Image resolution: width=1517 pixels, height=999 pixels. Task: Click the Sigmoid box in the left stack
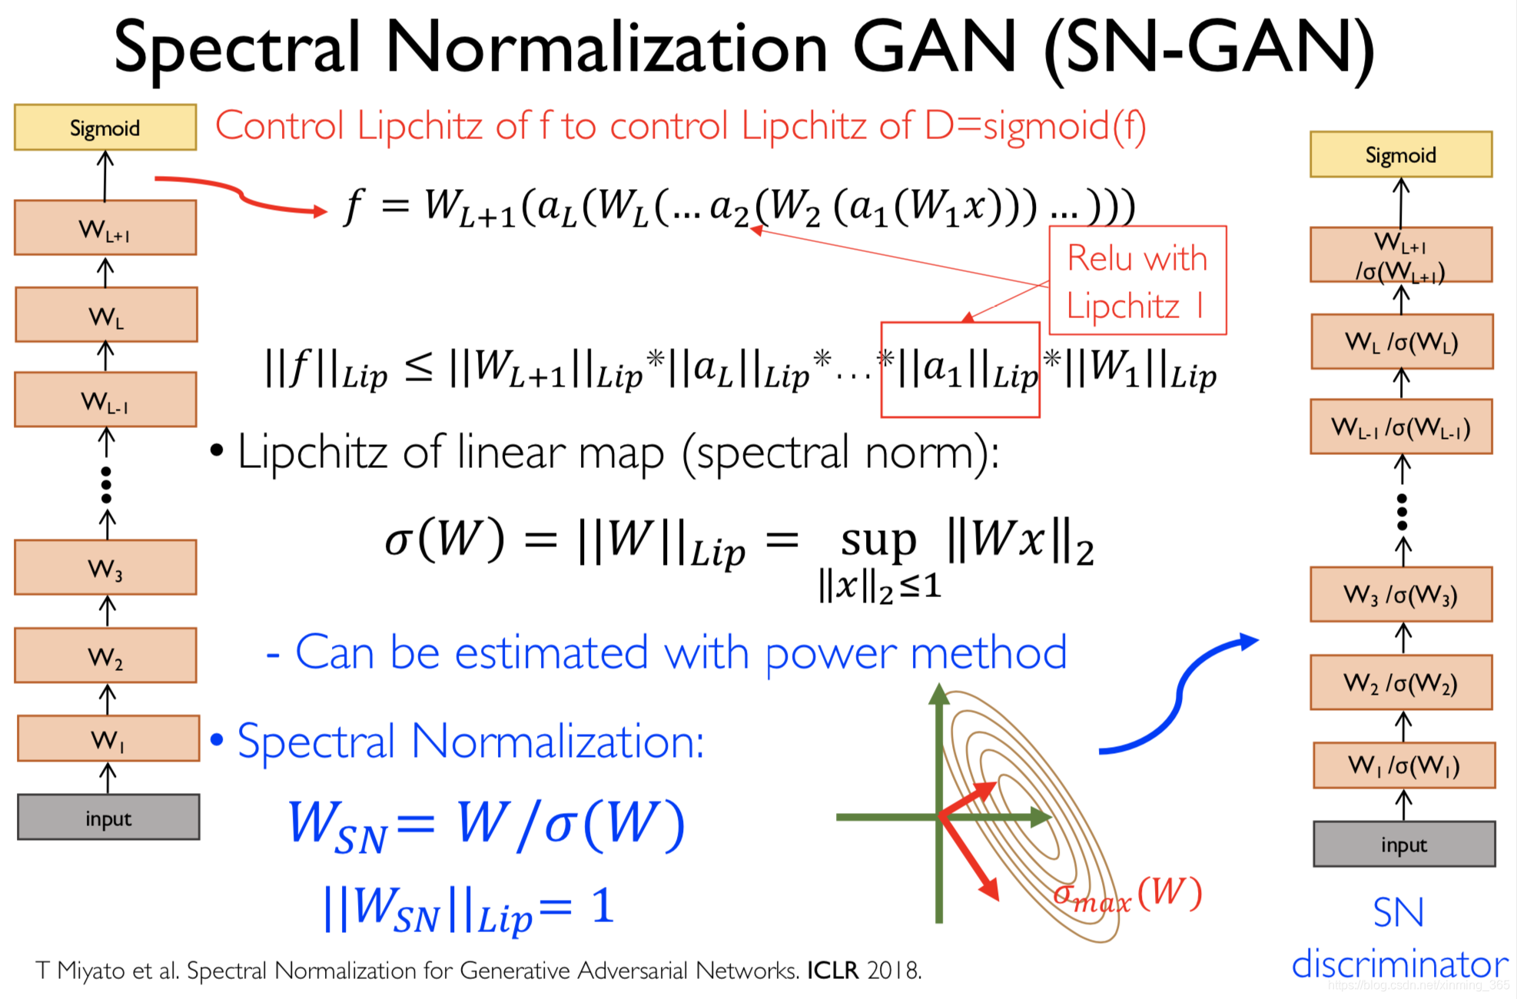click(x=105, y=128)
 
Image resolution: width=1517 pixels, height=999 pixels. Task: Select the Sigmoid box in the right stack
click(x=1400, y=154)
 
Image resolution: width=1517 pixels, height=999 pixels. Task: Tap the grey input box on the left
click(x=108, y=818)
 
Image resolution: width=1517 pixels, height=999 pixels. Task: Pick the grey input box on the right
click(x=1403, y=845)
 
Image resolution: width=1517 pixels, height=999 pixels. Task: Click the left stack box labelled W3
click(x=105, y=568)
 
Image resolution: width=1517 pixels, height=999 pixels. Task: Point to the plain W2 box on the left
click(x=105, y=655)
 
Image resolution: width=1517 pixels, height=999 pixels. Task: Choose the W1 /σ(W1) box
click(x=1403, y=765)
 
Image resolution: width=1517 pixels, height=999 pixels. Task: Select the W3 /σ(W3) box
click(x=1400, y=594)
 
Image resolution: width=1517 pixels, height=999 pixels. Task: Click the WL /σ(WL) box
click(x=1401, y=342)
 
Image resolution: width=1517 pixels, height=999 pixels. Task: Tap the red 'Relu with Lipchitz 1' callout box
click(x=1137, y=280)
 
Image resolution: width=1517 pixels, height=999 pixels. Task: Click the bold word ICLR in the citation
click(x=832, y=971)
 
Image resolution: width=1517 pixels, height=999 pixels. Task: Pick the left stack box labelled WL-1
click(x=105, y=400)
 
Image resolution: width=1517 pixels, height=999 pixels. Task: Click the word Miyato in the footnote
click(x=91, y=971)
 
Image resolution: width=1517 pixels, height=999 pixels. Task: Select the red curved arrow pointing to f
click(x=238, y=194)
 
